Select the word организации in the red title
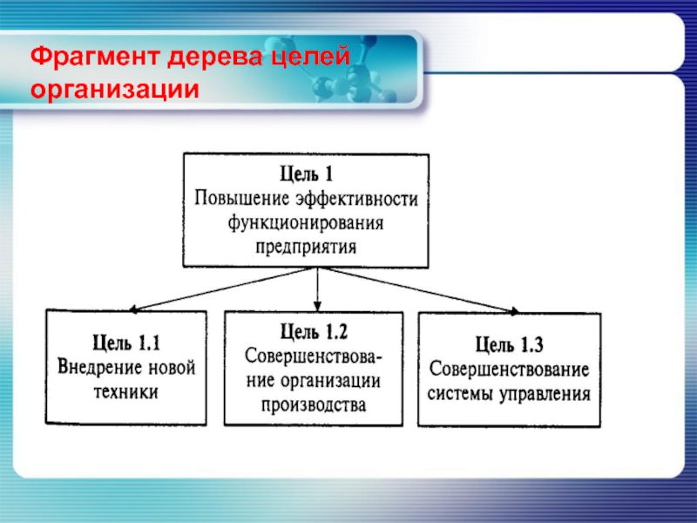pos(115,90)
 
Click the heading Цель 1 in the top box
pos(306,173)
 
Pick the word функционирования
pos(306,221)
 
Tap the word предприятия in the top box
pos(306,245)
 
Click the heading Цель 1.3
pos(510,343)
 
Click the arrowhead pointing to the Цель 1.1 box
pos(132,309)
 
